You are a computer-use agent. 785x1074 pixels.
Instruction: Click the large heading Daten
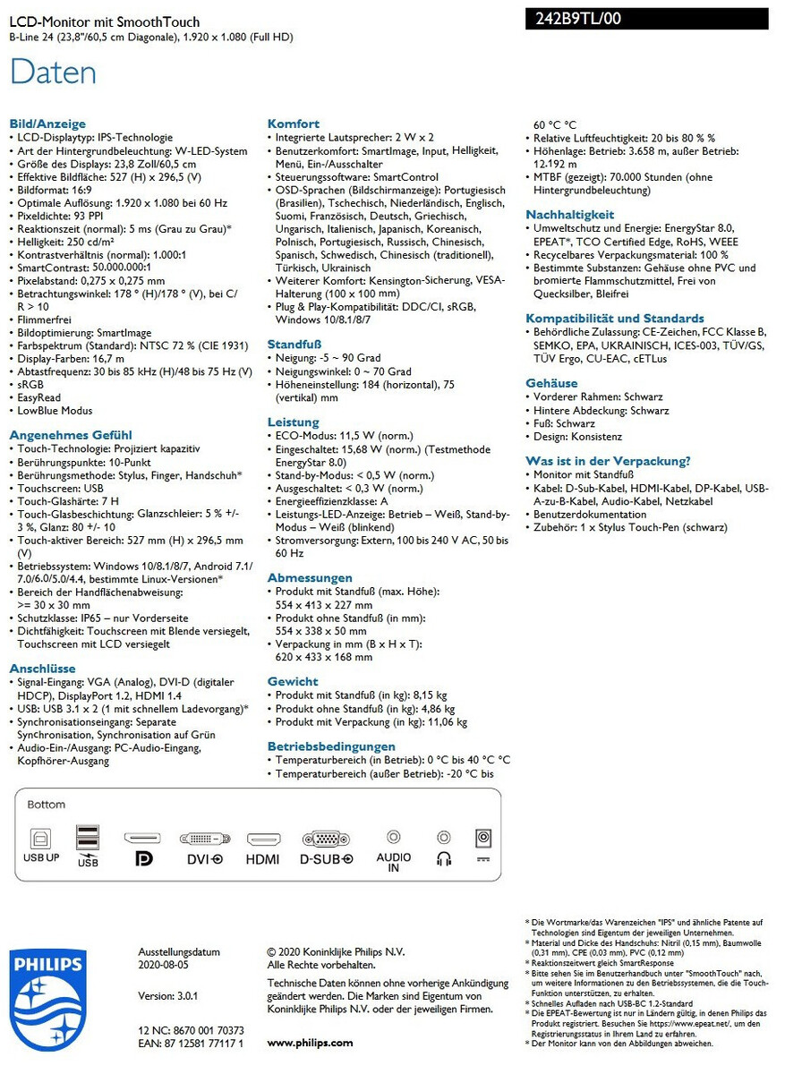(53, 72)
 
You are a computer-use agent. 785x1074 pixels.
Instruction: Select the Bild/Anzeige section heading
(47, 124)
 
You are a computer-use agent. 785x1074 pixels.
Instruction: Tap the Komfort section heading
(293, 124)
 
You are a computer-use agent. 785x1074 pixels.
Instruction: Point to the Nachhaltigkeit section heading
(569, 215)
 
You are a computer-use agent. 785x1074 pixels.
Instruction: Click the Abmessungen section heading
(310, 578)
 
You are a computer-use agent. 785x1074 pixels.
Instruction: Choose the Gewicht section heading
(292, 682)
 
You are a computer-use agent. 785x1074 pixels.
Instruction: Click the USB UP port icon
(40, 839)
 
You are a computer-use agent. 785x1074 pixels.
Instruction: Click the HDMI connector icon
(263, 839)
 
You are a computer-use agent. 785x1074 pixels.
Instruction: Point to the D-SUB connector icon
(326, 839)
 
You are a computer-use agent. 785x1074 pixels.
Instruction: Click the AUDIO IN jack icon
(393, 837)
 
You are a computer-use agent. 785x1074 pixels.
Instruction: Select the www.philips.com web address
(310, 1043)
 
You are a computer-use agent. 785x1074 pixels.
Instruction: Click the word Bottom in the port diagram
(46, 805)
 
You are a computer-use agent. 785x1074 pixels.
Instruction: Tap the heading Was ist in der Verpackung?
(608, 461)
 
